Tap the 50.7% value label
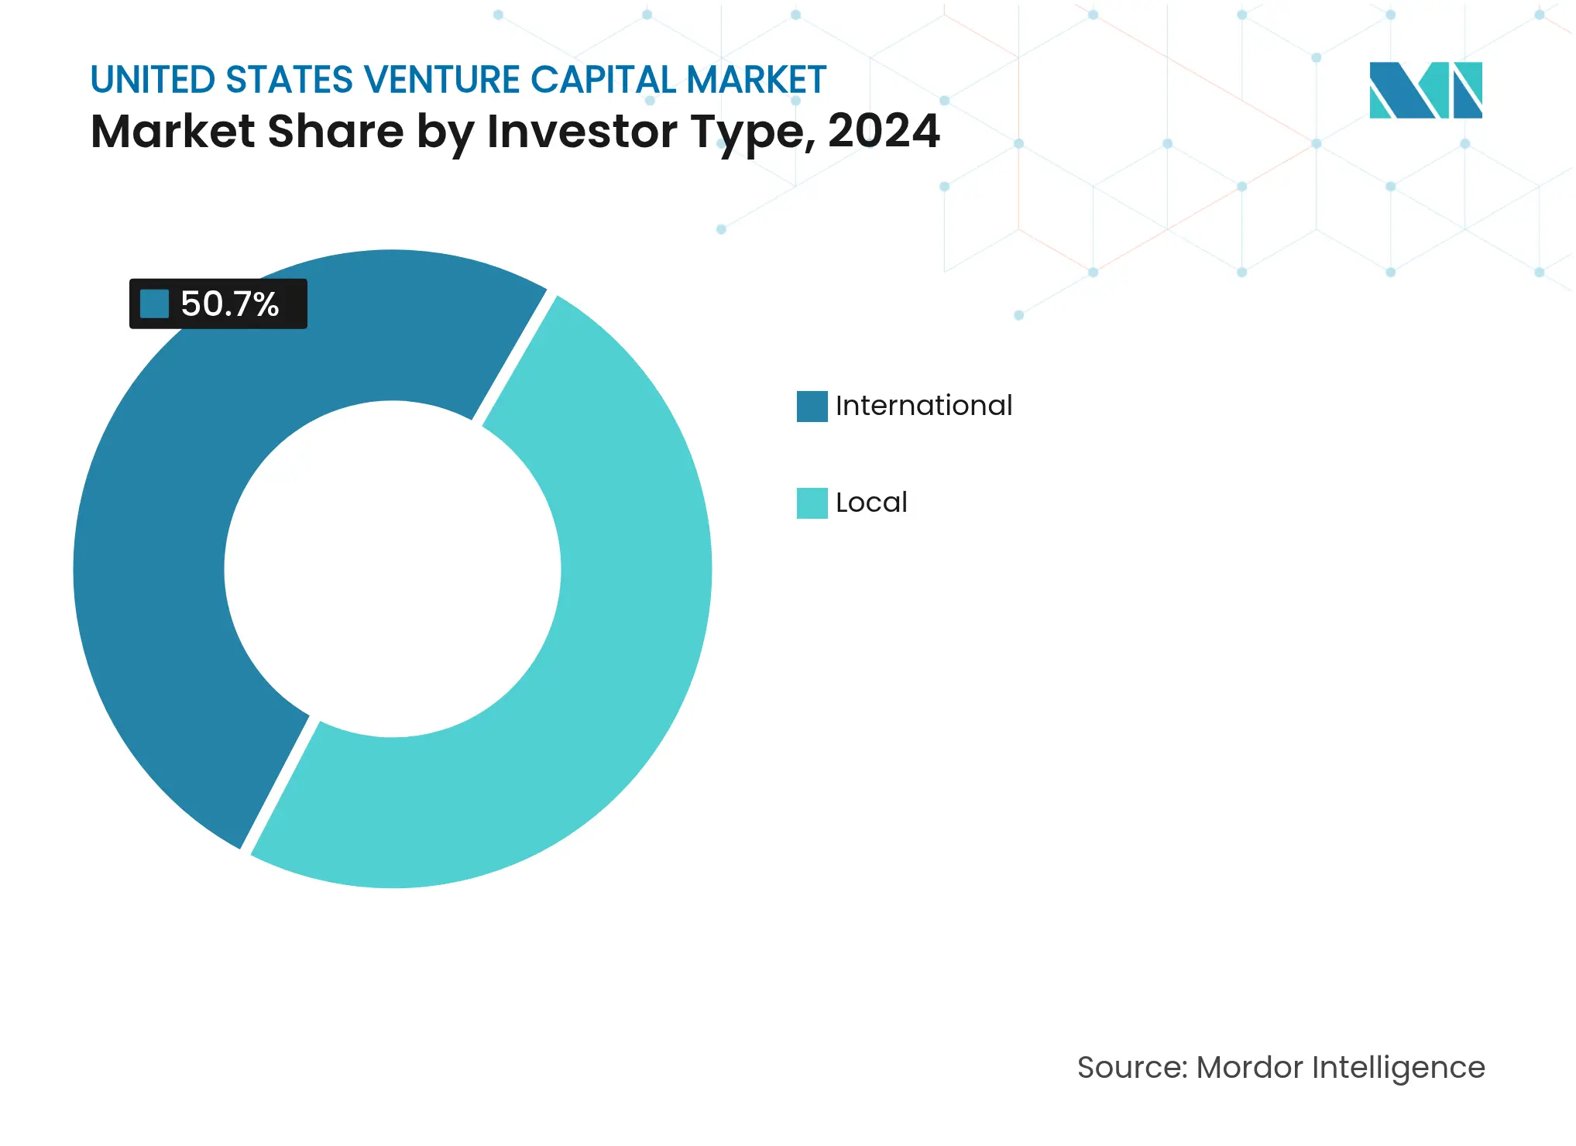229,304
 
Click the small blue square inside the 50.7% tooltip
154,304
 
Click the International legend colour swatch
812,406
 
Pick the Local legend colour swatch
812,503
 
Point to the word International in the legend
923,406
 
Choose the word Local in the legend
871,503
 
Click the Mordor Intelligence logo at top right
1425,90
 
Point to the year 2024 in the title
883,130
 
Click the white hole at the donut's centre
393,569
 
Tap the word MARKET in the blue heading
756,80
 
